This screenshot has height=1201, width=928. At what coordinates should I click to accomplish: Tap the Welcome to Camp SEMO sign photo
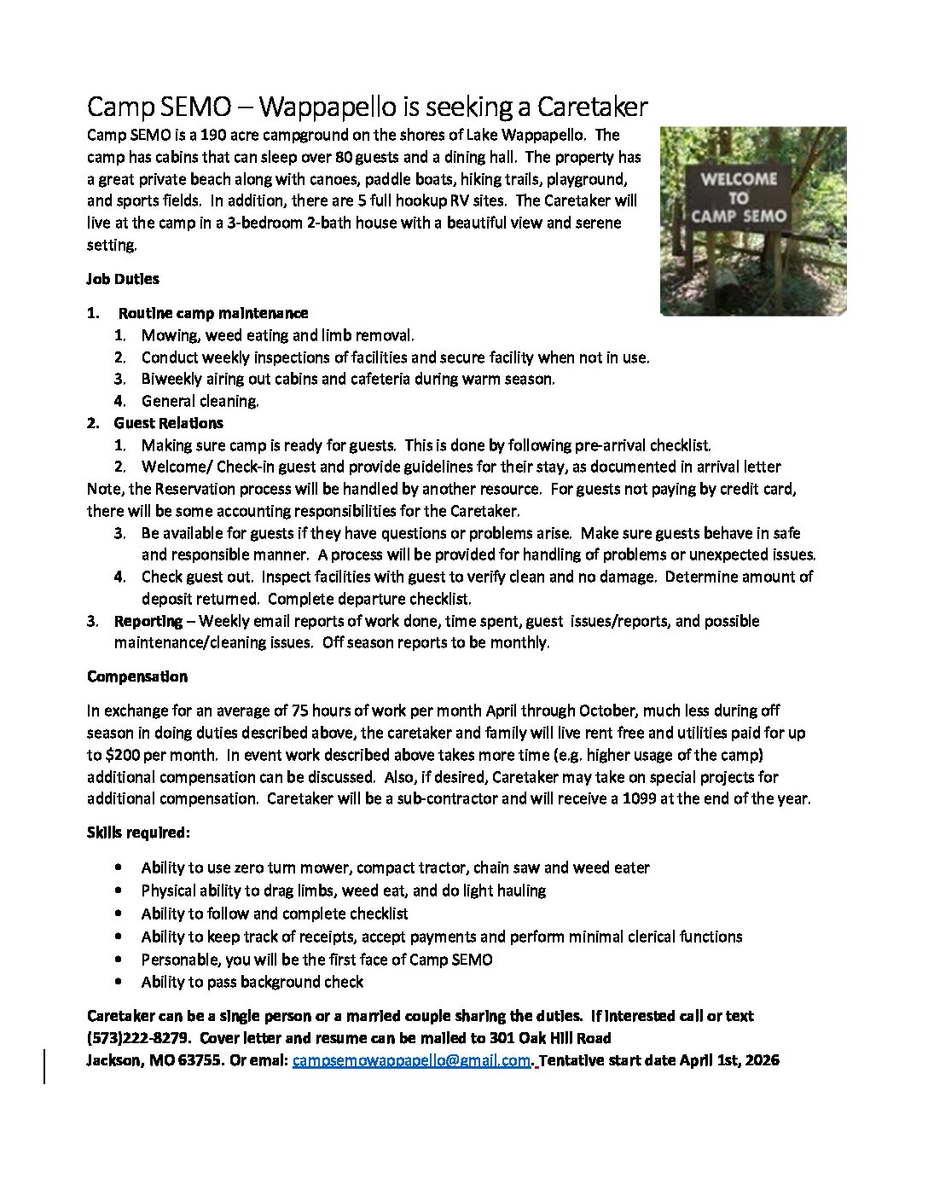(x=753, y=221)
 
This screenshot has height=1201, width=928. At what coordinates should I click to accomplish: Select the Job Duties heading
(x=123, y=279)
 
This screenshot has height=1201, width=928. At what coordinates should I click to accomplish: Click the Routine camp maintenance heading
(x=213, y=313)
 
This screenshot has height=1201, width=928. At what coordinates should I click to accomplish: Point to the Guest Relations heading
(x=169, y=423)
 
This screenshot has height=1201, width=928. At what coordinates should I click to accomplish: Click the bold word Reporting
(x=148, y=621)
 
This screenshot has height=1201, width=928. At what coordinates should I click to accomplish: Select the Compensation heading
(x=137, y=676)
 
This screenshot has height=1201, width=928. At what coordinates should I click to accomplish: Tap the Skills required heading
(x=138, y=832)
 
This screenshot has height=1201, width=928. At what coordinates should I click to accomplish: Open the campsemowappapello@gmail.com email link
(x=412, y=1061)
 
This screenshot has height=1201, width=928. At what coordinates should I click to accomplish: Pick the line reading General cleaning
(x=200, y=401)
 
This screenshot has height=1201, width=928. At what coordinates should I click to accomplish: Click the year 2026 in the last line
(x=761, y=1061)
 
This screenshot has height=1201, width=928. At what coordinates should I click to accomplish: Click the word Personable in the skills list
(x=178, y=960)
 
